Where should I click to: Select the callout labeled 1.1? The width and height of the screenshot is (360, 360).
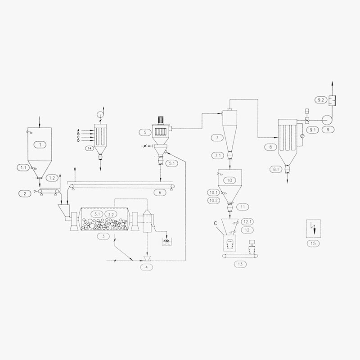click(22, 167)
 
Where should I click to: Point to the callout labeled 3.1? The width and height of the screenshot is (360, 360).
click(97, 214)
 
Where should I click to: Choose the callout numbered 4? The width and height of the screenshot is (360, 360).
click(146, 267)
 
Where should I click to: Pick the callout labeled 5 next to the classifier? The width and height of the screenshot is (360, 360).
click(144, 132)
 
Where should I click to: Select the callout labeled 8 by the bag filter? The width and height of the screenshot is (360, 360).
click(270, 147)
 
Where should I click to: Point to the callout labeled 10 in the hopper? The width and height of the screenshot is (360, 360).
click(229, 180)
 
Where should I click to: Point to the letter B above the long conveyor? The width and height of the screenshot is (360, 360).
click(75, 169)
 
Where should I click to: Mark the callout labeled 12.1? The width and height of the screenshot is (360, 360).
click(247, 222)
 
